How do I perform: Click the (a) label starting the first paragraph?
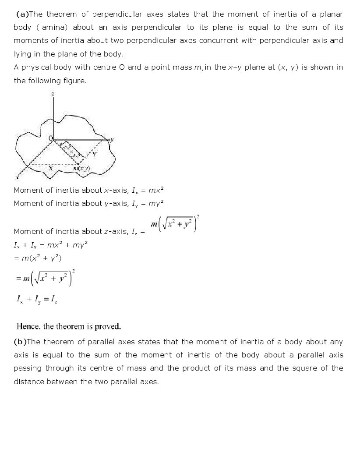coord(22,14)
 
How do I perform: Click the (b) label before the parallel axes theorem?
coord(20,342)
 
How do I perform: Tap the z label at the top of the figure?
coord(53,94)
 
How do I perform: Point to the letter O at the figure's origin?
coord(50,138)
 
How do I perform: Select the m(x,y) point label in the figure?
coord(82,169)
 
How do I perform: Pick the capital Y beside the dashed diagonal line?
coord(95,154)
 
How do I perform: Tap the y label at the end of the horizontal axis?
coord(112,140)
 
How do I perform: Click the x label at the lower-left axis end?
coord(17,177)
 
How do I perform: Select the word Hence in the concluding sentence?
coord(28,326)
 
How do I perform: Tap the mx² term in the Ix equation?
coord(156,190)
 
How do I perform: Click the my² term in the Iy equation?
coord(156,203)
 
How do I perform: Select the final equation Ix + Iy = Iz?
coord(37,299)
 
